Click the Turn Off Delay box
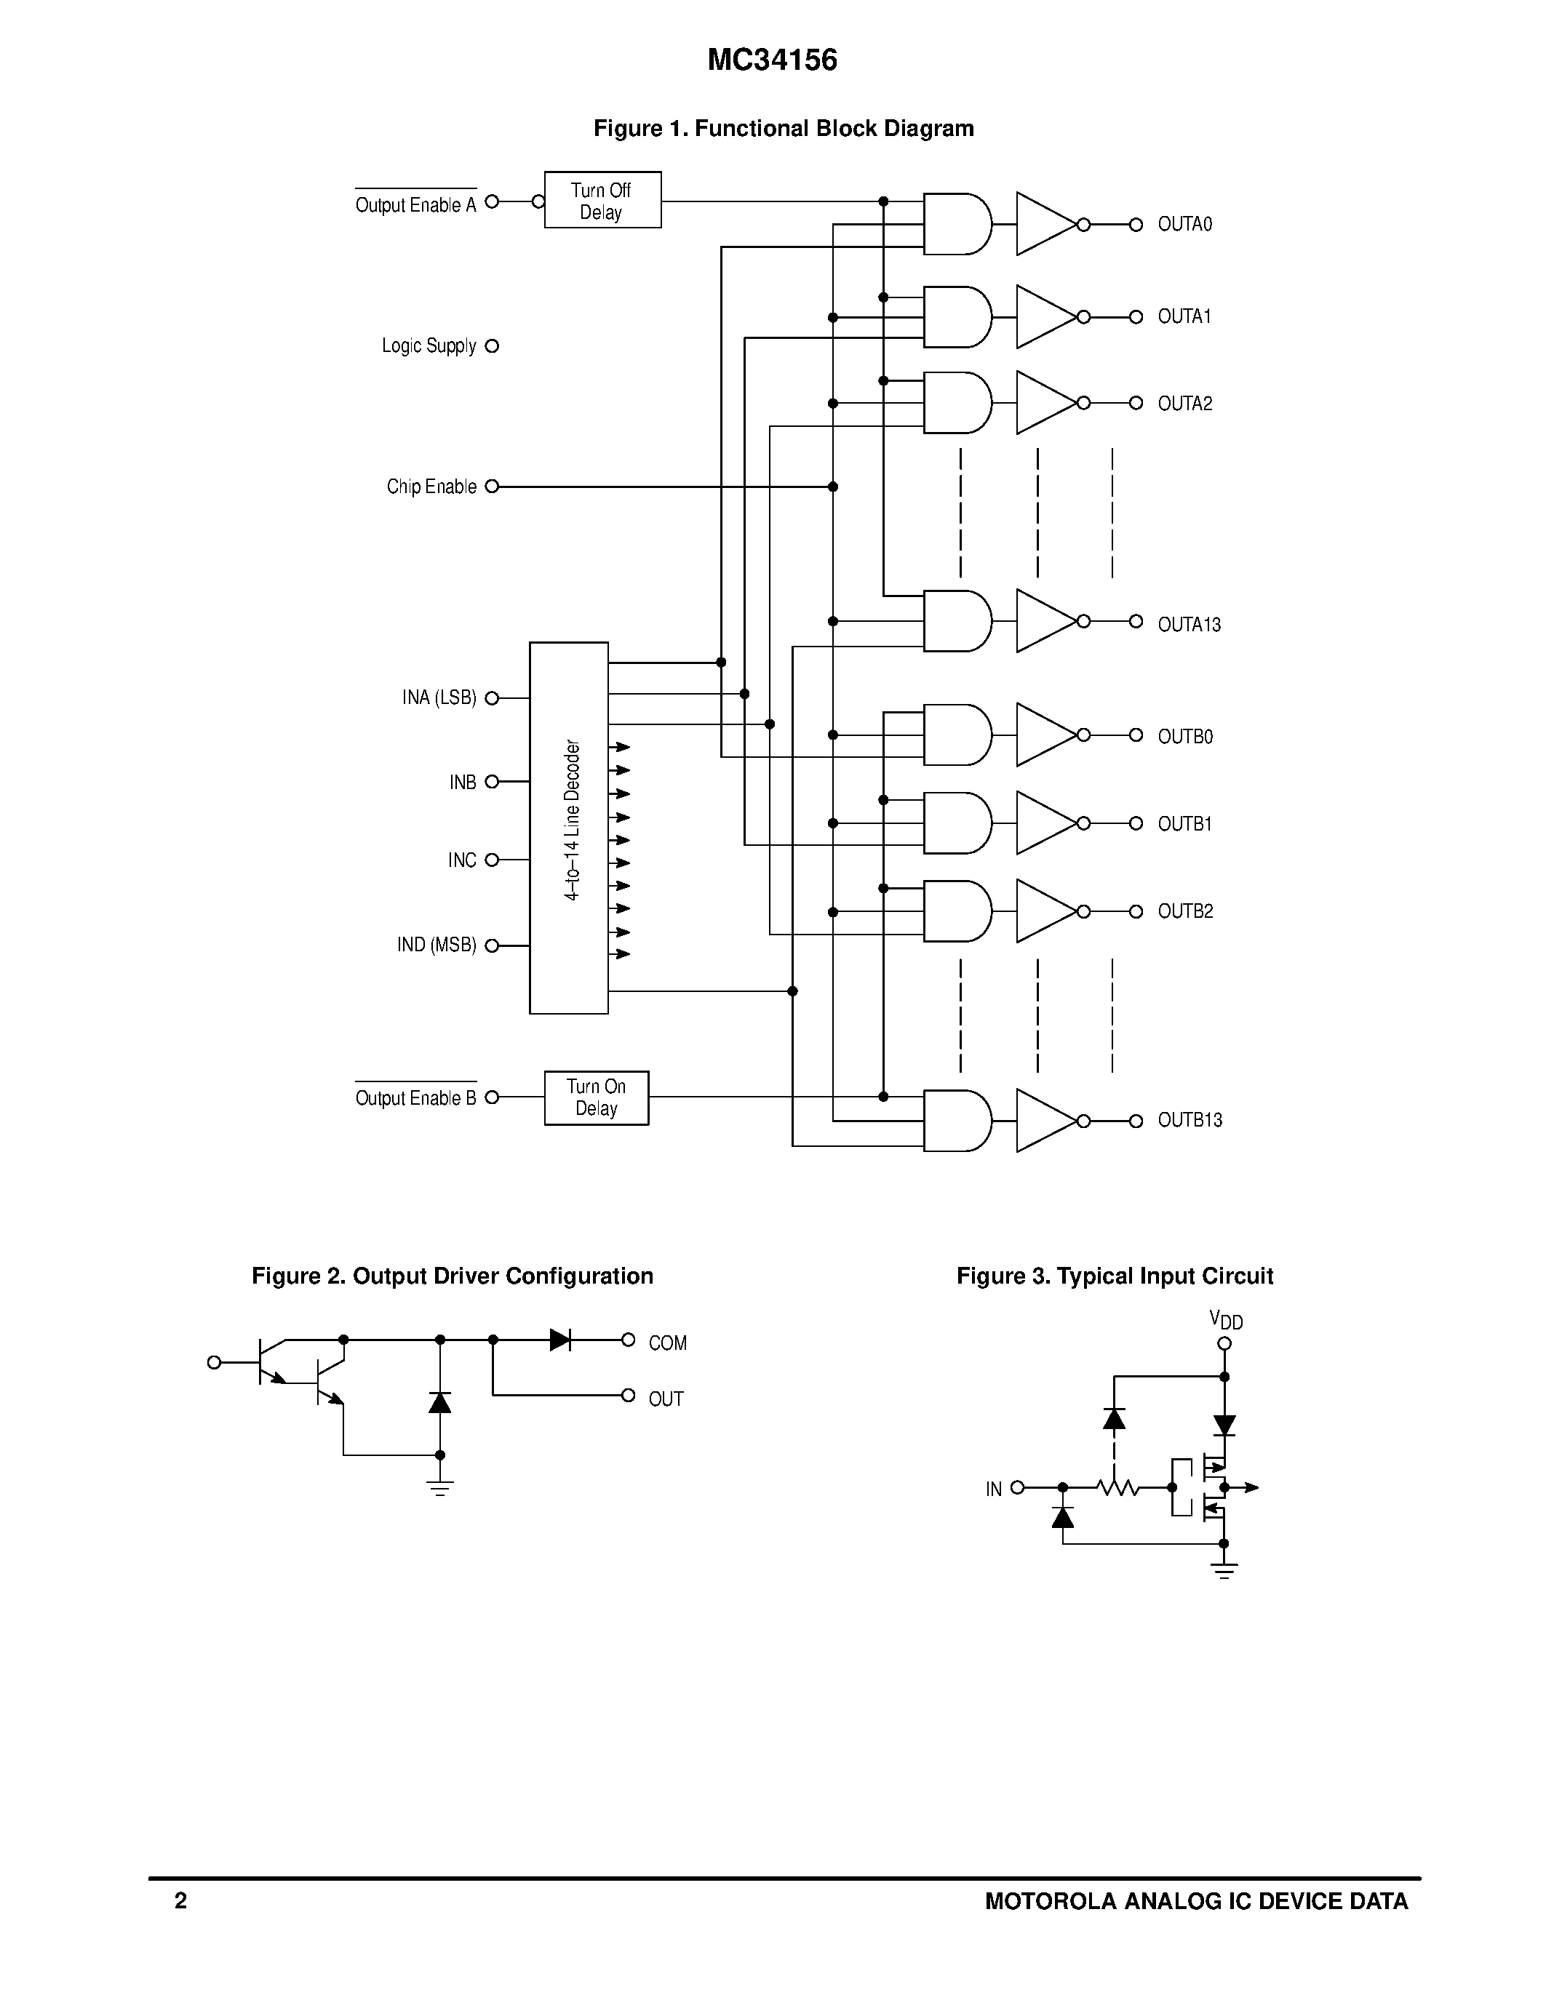tap(602, 199)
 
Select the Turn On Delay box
tap(597, 1097)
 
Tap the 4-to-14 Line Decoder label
tap(573, 820)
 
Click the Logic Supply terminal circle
tap(492, 346)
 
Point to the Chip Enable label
tap(431, 487)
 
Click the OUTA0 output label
tap(1184, 224)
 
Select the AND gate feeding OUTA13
tap(955, 621)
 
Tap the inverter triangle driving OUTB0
tap(1043, 735)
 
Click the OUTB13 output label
tap(1189, 1120)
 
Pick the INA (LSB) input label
tap(439, 697)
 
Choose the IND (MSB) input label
tap(436, 945)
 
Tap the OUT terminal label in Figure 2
tap(666, 1399)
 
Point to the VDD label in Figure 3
tap(1225, 1319)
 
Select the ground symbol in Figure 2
tap(439, 1487)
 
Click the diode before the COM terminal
tap(559, 1340)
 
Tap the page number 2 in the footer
tap(180, 1901)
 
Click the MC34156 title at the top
tap(772, 60)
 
